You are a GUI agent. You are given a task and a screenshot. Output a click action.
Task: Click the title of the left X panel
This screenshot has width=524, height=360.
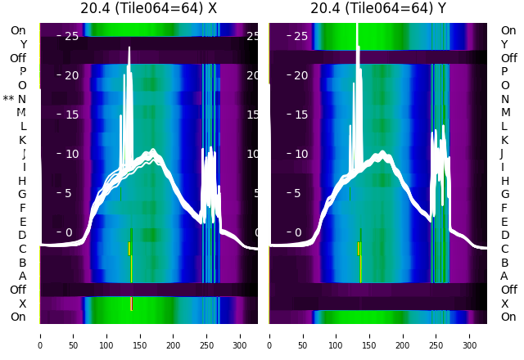pos(148,9)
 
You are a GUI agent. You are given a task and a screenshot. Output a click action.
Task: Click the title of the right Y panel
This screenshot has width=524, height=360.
pos(378,9)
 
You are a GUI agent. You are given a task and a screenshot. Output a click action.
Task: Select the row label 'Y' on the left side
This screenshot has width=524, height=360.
pos(23,44)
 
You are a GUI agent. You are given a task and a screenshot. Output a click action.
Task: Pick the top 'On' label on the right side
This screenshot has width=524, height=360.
pos(508,30)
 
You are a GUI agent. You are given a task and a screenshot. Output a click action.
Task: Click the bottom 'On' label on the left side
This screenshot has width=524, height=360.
pos(18,317)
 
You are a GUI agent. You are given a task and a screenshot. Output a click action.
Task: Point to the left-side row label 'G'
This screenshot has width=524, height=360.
pos(22,194)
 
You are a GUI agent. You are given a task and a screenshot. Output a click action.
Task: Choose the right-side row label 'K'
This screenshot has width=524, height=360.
pos(505,140)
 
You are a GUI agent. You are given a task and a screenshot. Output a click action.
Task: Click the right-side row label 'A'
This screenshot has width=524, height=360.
pos(504,276)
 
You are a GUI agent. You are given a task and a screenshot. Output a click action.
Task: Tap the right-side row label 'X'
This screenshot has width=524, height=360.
pos(504,304)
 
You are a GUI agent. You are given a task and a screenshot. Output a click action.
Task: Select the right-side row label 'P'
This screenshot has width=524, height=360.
pos(504,71)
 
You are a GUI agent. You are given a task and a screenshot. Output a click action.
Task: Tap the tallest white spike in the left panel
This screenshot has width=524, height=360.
pos(129,51)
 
